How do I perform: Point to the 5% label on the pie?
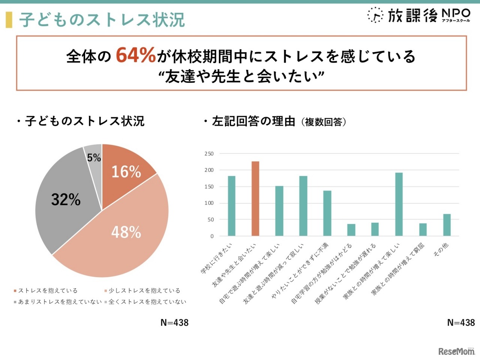(94, 157)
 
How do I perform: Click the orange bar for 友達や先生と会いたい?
(255, 198)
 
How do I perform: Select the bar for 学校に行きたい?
(231, 206)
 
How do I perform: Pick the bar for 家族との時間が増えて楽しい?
(399, 204)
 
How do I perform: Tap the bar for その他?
(447, 225)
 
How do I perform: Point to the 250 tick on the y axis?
(209, 154)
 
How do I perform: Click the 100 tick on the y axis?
(209, 203)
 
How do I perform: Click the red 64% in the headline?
(135, 55)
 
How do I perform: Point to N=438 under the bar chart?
(461, 322)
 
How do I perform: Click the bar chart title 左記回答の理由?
(253, 121)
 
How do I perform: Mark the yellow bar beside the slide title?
(9, 19)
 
